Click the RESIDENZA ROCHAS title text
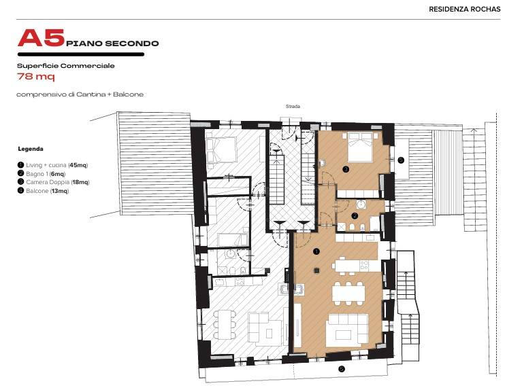click(464, 10)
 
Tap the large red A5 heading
click(41, 37)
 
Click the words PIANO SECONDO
click(112, 43)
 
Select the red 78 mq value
click(36, 77)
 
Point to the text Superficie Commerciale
click(66, 66)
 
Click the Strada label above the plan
click(293, 107)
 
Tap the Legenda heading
click(31, 149)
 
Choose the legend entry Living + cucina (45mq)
click(53, 165)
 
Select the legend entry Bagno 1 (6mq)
click(42, 173)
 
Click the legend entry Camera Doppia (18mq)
click(54, 182)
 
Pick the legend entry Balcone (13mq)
click(44, 191)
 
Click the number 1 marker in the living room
click(316, 251)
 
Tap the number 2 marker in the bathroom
click(355, 216)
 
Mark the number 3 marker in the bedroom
click(346, 169)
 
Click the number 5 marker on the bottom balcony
click(341, 369)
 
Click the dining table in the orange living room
click(348, 294)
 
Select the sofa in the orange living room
click(348, 329)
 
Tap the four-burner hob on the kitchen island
click(364, 265)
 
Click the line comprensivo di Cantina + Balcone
click(80, 94)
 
